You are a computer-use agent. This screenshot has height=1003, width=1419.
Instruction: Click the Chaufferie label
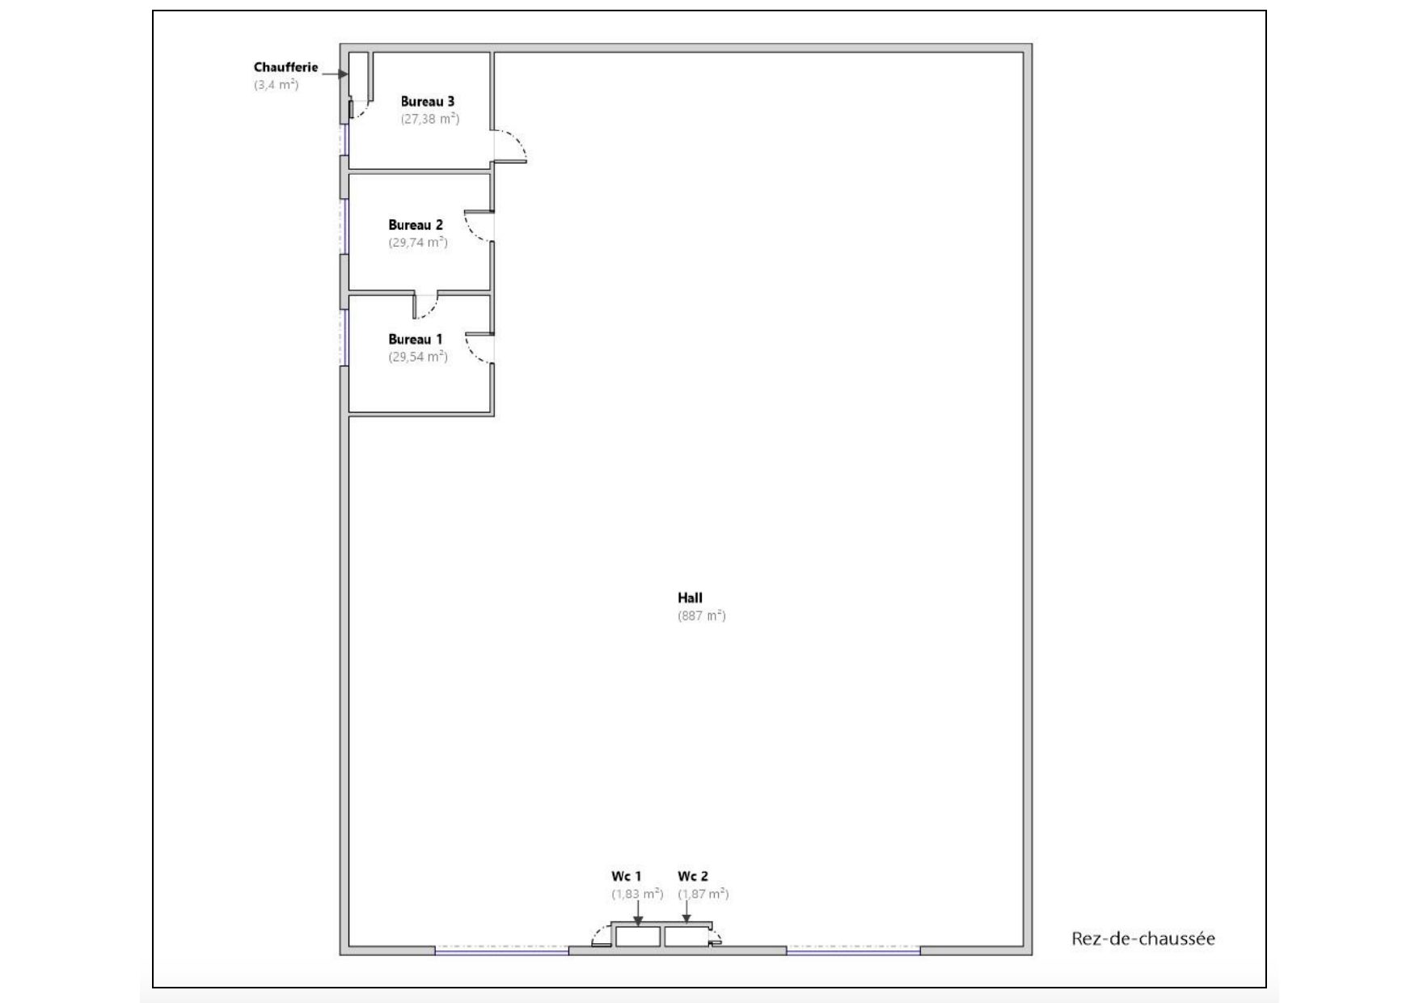click(285, 68)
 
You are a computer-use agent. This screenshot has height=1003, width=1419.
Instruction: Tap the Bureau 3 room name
click(428, 102)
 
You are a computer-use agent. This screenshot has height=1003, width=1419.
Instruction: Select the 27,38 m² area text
click(430, 119)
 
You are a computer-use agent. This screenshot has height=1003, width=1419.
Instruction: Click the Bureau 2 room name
click(416, 226)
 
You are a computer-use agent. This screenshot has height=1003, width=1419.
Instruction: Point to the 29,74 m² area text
click(418, 243)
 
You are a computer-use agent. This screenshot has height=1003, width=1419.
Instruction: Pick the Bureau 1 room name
click(416, 340)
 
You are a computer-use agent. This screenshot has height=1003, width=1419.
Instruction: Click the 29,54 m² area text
click(418, 357)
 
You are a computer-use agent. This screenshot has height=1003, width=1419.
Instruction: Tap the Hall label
click(690, 599)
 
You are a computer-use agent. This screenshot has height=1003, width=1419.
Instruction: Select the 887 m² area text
click(702, 616)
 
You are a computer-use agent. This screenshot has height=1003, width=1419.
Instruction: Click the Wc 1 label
click(627, 877)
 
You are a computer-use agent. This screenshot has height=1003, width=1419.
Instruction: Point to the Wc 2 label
click(693, 877)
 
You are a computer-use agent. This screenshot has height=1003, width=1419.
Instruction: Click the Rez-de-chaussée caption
click(1143, 939)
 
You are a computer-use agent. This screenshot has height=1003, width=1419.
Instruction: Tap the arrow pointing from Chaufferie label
click(335, 74)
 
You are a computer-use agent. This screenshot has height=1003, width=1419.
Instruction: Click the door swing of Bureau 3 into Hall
click(511, 145)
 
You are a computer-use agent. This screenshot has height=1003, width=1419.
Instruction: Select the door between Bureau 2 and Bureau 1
click(425, 305)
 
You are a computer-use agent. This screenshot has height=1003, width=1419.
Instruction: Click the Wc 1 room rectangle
click(638, 937)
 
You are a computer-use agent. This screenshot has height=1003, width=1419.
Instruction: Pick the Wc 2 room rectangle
click(686, 937)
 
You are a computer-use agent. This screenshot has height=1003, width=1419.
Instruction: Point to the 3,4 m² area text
click(277, 85)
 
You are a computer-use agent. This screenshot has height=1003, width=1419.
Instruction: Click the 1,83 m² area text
click(637, 895)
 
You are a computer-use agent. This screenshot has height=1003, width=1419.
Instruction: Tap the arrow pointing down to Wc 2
click(686, 912)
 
